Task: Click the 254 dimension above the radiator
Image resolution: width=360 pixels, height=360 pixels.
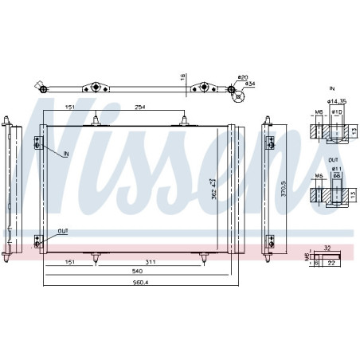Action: coord(140,107)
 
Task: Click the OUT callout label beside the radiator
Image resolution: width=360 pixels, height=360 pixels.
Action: coord(63,232)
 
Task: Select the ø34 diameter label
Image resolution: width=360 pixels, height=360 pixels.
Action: coord(248,84)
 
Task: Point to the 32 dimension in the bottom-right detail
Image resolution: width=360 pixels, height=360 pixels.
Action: coord(327,248)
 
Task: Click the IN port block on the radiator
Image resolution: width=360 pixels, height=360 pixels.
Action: coord(37,143)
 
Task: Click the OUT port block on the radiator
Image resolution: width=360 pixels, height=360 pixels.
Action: coord(37,241)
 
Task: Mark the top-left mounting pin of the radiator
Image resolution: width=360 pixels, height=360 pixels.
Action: coord(96,120)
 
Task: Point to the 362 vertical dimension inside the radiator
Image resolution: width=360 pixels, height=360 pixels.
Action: coord(213,190)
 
